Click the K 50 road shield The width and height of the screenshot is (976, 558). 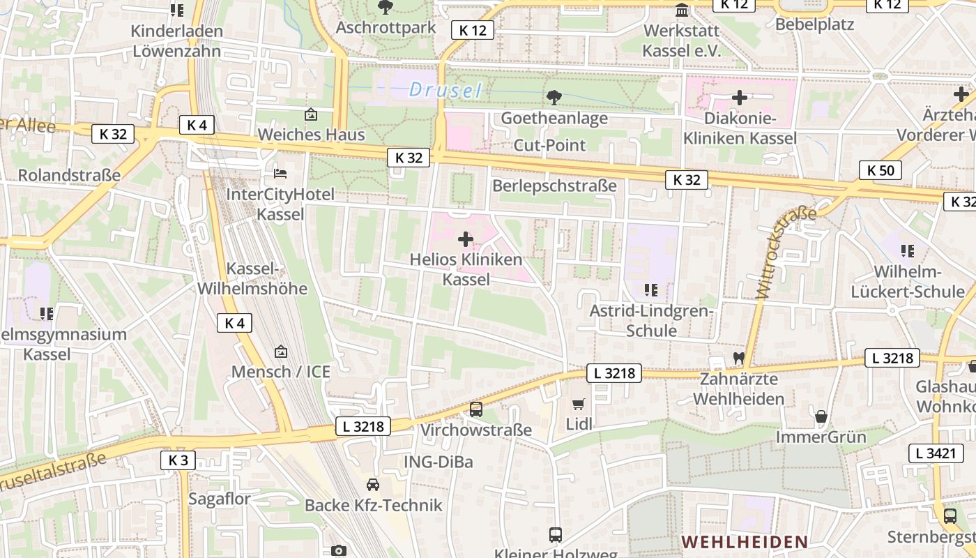[x=880, y=170]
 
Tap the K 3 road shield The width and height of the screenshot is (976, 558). [x=178, y=460]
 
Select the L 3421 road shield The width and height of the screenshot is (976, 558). [x=936, y=453]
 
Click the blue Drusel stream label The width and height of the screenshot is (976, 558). [x=445, y=90]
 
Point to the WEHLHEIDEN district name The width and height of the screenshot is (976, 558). [x=745, y=541]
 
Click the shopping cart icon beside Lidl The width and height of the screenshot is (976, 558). [x=578, y=404]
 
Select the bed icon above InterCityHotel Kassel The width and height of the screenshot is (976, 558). [x=280, y=173]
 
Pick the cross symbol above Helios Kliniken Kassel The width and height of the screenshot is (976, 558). [x=465, y=240]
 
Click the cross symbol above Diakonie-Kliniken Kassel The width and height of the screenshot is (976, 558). [x=740, y=98]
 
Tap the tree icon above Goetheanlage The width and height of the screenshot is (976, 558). [x=554, y=98]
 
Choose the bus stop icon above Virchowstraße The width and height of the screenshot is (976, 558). [x=476, y=409]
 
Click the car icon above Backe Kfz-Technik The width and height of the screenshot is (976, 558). [x=373, y=485]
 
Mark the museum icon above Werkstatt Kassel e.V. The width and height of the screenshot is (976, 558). [x=682, y=11]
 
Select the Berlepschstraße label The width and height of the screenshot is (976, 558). [x=554, y=186]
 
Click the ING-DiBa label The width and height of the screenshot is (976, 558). [x=439, y=462]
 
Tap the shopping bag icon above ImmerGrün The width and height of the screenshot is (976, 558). [x=821, y=417]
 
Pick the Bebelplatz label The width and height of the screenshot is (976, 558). [x=814, y=24]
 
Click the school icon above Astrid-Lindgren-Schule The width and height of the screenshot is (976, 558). [x=651, y=289]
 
